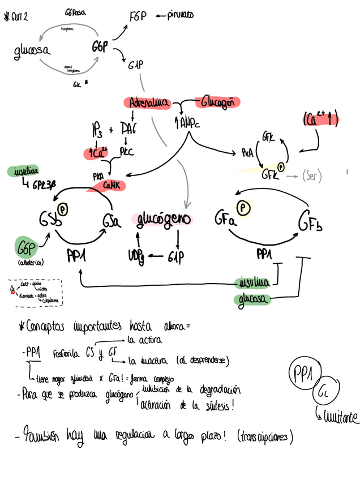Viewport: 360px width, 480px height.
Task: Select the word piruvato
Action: pyautogui.click(x=180, y=15)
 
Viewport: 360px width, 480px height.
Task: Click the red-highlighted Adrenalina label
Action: pyautogui.click(x=149, y=103)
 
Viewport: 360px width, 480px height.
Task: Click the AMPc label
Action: pyautogui.click(x=188, y=122)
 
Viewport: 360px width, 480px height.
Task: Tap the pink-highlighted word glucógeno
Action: pyautogui.click(x=162, y=218)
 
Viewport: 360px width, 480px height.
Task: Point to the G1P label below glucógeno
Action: pyautogui.click(x=178, y=259)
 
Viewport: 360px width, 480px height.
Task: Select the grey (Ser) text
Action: pyautogui.click(x=311, y=176)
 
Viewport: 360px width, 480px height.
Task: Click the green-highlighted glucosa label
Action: pyautogui.click(x=253, y=298)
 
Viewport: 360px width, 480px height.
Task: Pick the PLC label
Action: pyautogui.click(x=126, y=151)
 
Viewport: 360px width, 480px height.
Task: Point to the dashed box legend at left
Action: pyautogui.click(x=35, y=292)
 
